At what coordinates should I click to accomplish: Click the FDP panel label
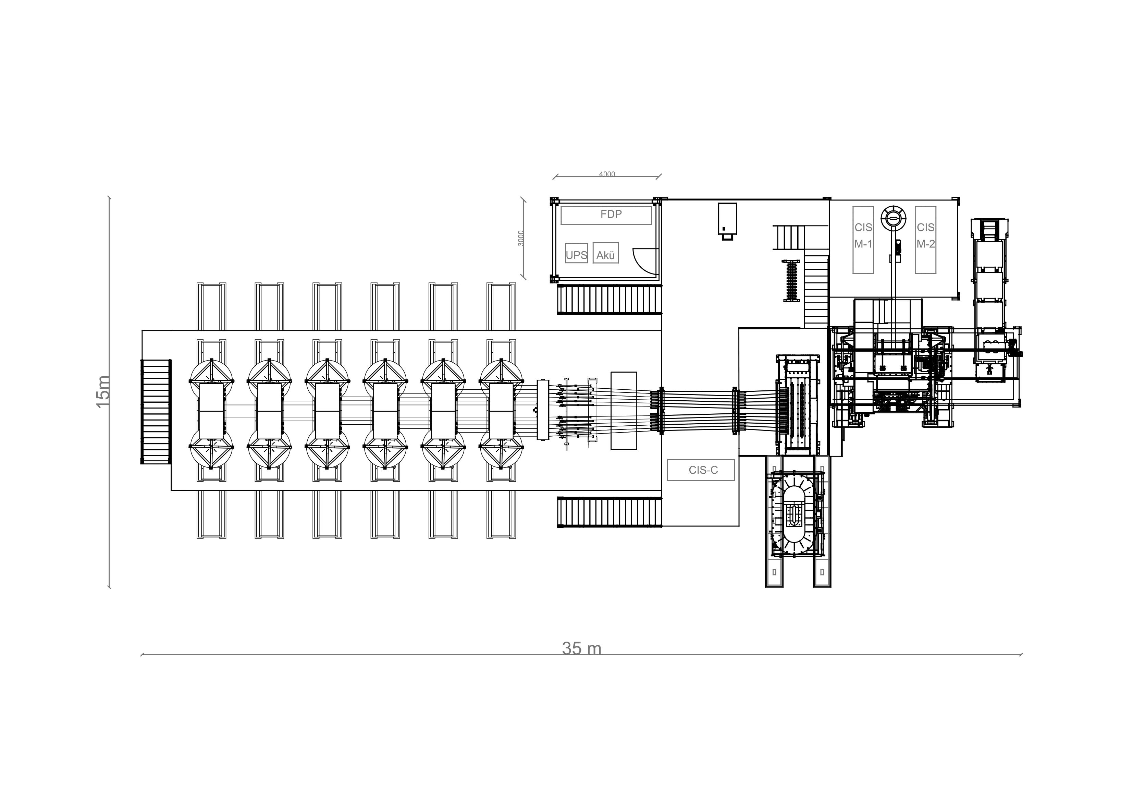click(611, 214)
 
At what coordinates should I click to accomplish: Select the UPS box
click(576, 253)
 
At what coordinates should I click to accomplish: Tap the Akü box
click(605, 253)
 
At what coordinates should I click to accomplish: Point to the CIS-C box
click(701, 470)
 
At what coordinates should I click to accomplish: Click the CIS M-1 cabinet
click(863, 240)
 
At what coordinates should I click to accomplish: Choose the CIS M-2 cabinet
click(925, 240)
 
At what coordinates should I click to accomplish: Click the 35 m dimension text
click(582, 648)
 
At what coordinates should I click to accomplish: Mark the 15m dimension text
click(103, 392)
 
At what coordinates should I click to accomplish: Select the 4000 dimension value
click(607, 174)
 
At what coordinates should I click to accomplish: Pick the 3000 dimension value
click(521, 238)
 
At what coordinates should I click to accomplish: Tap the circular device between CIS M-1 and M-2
click(894, 218)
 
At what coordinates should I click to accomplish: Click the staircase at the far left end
click(156, 412)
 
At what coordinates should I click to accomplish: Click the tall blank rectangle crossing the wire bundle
click(624, 411)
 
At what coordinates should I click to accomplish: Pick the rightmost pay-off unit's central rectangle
click(501, 412)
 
